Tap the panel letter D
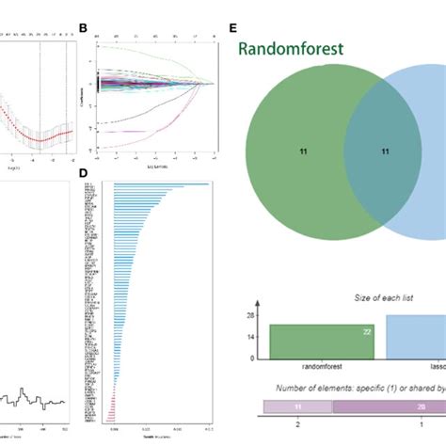pyautogui.click(x=83, y=172)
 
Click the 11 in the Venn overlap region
pyautogui.click(x=384, y=150)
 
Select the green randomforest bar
pyautogui.click(x=322, y=342)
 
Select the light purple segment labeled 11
pyautogui.click(x=298, y=406)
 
